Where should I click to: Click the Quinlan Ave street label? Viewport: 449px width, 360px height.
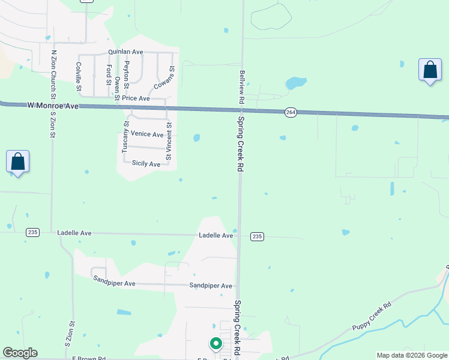tap(125, 52)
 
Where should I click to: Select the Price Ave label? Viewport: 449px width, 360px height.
tap(136, 98)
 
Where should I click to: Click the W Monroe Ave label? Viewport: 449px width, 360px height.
tap(53, 106)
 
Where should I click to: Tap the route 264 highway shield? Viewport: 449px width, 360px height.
tap(291, 112)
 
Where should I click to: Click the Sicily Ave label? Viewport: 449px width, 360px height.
tap(146, 164)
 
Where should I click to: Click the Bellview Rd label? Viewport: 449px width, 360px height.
tap(243, 84)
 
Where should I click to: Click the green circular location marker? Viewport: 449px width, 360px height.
tap(215, 344)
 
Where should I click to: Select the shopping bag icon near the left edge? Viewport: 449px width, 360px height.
tap(18, 161)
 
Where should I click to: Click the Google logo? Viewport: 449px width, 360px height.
tap(20, 353)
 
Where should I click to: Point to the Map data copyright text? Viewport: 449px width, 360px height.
tap(412, 355)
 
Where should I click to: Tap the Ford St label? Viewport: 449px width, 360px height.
tap(109, 76)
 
